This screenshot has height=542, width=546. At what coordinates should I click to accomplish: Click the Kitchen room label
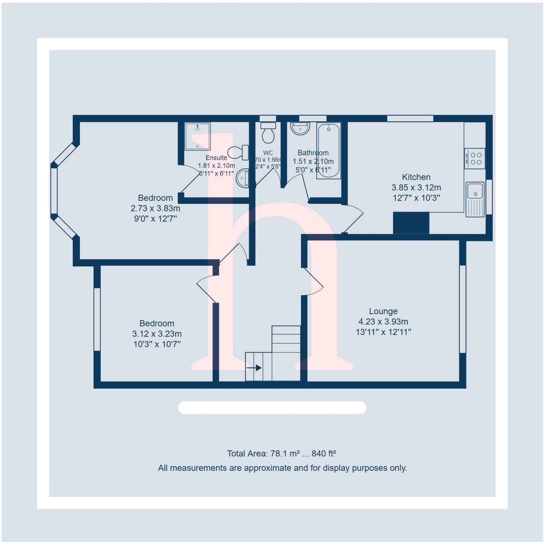tap(416, 177)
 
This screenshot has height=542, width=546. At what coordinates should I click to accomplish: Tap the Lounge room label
tap(383, 311)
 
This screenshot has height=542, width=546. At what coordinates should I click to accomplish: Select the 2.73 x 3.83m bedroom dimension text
tap(155, 208)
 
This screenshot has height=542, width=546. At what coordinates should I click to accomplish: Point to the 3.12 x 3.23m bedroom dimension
tap(157, 334)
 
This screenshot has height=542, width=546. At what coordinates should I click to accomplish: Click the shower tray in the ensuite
tap(197, 136)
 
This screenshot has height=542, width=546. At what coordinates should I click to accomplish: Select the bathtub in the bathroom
tap(328, 151)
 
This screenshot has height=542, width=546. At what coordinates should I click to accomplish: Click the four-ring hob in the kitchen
tap(475, 159)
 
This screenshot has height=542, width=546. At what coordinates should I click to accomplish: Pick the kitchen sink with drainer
tap(475, 199)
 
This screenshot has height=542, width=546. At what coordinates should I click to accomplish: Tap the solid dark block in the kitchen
tap(411, 223)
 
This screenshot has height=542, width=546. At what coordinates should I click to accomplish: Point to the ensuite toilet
tap(238, 153)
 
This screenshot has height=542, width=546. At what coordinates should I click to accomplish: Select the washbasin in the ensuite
tap(243, 178)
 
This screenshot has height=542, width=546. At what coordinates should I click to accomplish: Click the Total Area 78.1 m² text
tap(282, 454)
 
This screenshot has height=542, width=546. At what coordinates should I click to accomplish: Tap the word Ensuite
tap(216, 158)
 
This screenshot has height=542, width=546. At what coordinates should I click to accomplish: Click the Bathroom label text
tap(313, 153)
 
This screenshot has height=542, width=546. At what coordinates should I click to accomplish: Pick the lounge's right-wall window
tap(462, 309)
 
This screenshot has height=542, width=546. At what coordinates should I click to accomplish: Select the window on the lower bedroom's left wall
tap(97, 319)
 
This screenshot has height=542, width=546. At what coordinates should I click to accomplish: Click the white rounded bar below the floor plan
tap(272, 408)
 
